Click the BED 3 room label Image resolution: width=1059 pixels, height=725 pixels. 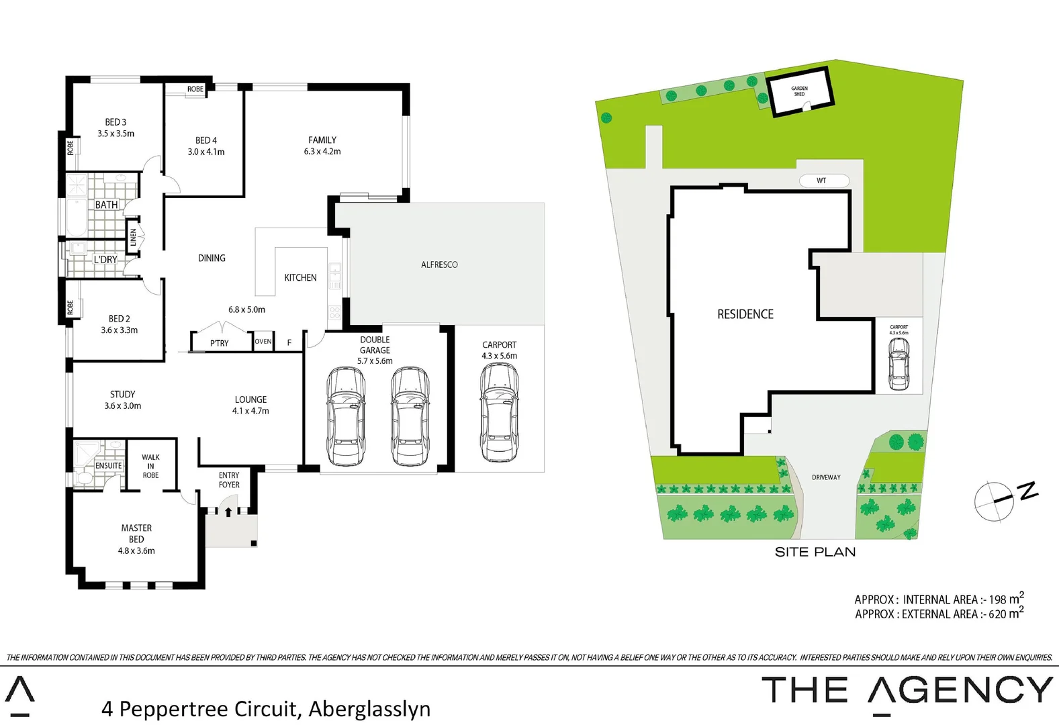[x=116, y=122]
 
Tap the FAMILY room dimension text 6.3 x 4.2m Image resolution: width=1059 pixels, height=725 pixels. [x=322, y=152]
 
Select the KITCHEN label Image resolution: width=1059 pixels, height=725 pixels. [x=300, y=277]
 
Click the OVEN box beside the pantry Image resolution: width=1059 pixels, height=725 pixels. [x=263, y=342]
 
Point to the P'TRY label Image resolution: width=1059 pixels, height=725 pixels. [x=220, y=343]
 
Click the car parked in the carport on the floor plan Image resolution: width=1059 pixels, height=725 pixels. [x=499, y=412]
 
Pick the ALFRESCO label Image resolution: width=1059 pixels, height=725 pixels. [x=439, y=264]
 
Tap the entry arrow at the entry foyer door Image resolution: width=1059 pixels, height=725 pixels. [x=228, y=512]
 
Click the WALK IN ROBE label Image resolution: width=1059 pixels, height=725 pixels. [x=150, y=466]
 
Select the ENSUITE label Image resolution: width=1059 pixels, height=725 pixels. [x=109, y=465]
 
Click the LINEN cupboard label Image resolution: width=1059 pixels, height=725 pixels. [x=133, y=237]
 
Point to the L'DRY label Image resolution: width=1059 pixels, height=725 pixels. [x=105, y=259]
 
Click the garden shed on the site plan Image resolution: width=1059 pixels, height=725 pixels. [x=800, y=92]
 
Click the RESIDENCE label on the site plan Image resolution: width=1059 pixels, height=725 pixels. [x=745, y=314]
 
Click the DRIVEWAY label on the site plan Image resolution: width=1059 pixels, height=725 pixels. [x=826, y=477]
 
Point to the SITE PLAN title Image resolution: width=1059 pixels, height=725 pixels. [x=815, y=552]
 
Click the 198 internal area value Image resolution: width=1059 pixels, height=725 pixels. [x=997, y=599]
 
